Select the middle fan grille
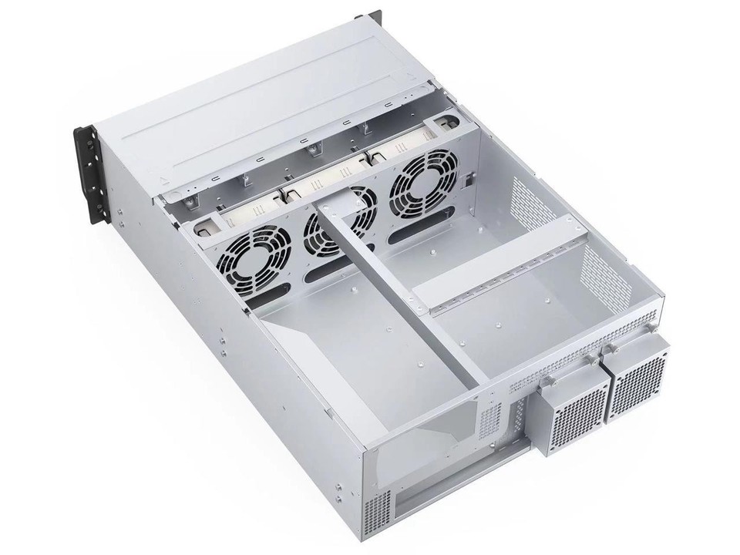click(x=338, y=225)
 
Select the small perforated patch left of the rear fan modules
click(x=491, y=422)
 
